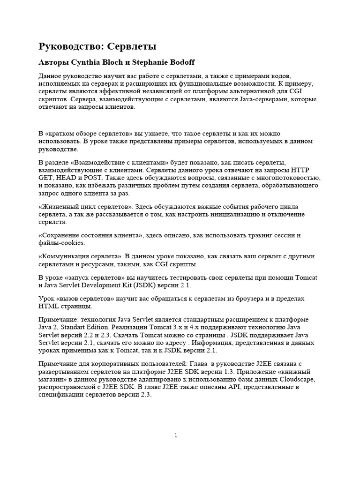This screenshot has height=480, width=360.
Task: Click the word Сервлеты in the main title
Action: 132,47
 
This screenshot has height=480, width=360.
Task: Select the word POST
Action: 97,178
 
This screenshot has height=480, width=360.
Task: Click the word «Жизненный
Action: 58,207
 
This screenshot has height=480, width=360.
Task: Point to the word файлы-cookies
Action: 61,243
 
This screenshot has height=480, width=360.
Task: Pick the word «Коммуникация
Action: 65,256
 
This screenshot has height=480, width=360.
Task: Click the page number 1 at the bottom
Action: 176,435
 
